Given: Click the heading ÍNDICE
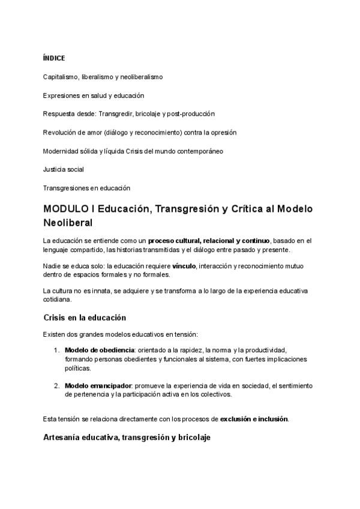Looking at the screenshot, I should (54, 58).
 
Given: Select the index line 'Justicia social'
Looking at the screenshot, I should (64, 169).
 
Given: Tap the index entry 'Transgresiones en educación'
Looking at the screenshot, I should (86, 188).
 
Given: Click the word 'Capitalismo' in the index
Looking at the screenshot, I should (60, 77).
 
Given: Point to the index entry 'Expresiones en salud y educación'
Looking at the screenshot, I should (94, 95).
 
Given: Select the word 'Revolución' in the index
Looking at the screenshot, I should (59, 133).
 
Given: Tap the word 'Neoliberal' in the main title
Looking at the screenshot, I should (68, 223).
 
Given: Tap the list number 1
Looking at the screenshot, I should (56, 350).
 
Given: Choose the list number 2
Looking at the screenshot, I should (56, 385).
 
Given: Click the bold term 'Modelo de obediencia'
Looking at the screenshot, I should (100, 350).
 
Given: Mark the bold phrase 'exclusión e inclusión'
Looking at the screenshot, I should (254, 418).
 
